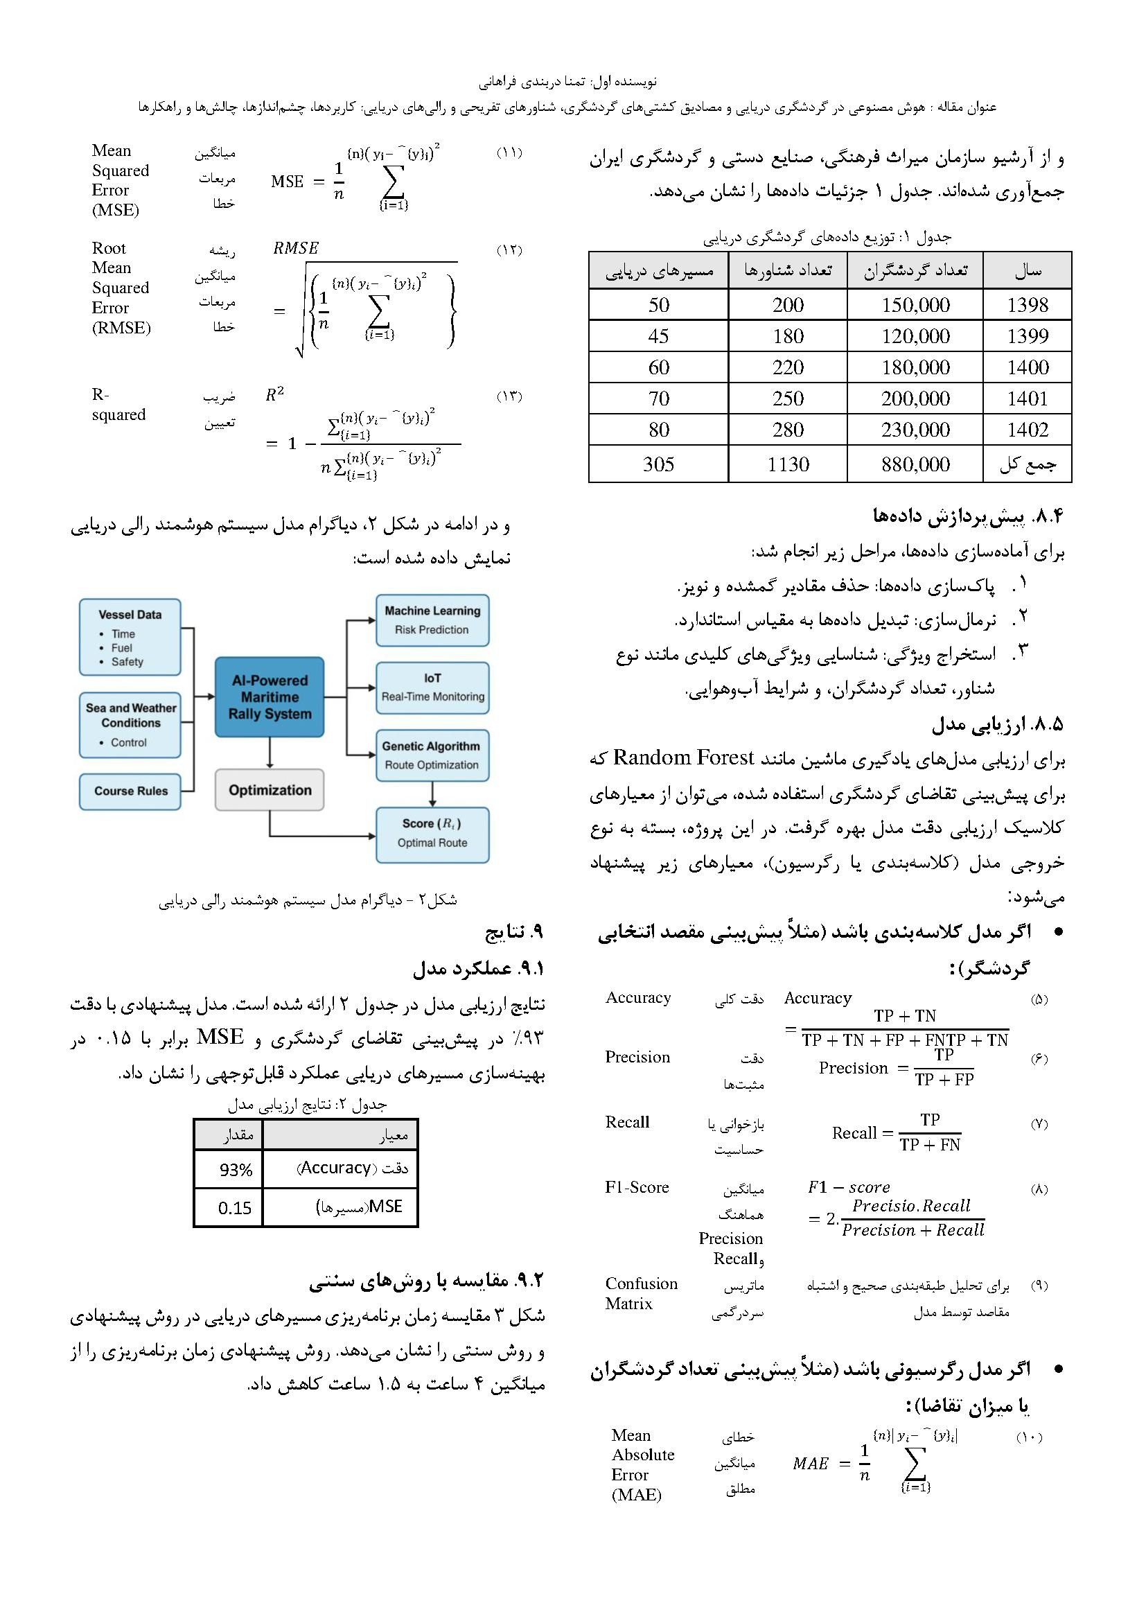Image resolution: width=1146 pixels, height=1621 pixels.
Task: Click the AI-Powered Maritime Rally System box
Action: pos(270,696)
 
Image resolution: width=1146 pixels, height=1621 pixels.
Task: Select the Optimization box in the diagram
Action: pos(270,790)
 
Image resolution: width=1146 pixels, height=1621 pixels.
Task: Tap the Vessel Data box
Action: pos(130,638)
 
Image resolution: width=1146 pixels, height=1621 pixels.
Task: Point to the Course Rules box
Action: pos(130,791)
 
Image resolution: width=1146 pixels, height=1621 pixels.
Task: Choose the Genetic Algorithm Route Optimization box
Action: pos(432,755)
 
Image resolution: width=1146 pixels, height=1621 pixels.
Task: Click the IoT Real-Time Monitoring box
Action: pos(432,687)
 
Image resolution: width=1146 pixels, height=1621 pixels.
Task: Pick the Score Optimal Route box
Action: pos(432,834)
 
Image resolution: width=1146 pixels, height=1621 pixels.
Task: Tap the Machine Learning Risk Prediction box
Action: pos(432,620)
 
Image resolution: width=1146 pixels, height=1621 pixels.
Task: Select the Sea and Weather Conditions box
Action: pos(130,725)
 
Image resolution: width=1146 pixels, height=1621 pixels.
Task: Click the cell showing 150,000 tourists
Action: pos(915,305)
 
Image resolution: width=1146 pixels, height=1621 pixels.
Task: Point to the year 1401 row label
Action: pos(1027,398)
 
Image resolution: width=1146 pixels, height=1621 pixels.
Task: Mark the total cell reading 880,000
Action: pos(915,464)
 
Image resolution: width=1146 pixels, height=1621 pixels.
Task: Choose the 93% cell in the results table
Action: pos(236,1170)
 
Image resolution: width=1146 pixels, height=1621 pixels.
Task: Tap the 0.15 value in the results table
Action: pos(234,1208)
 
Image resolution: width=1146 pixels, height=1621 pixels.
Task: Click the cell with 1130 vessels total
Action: pos(788,464)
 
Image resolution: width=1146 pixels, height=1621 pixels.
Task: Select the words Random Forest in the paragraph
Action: pos(683,757)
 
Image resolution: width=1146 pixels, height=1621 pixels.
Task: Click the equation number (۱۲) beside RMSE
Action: pos(509,250)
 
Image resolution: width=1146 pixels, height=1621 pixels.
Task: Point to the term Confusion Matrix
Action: pos(641,1293)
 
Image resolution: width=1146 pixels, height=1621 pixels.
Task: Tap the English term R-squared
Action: pos(118,405)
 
